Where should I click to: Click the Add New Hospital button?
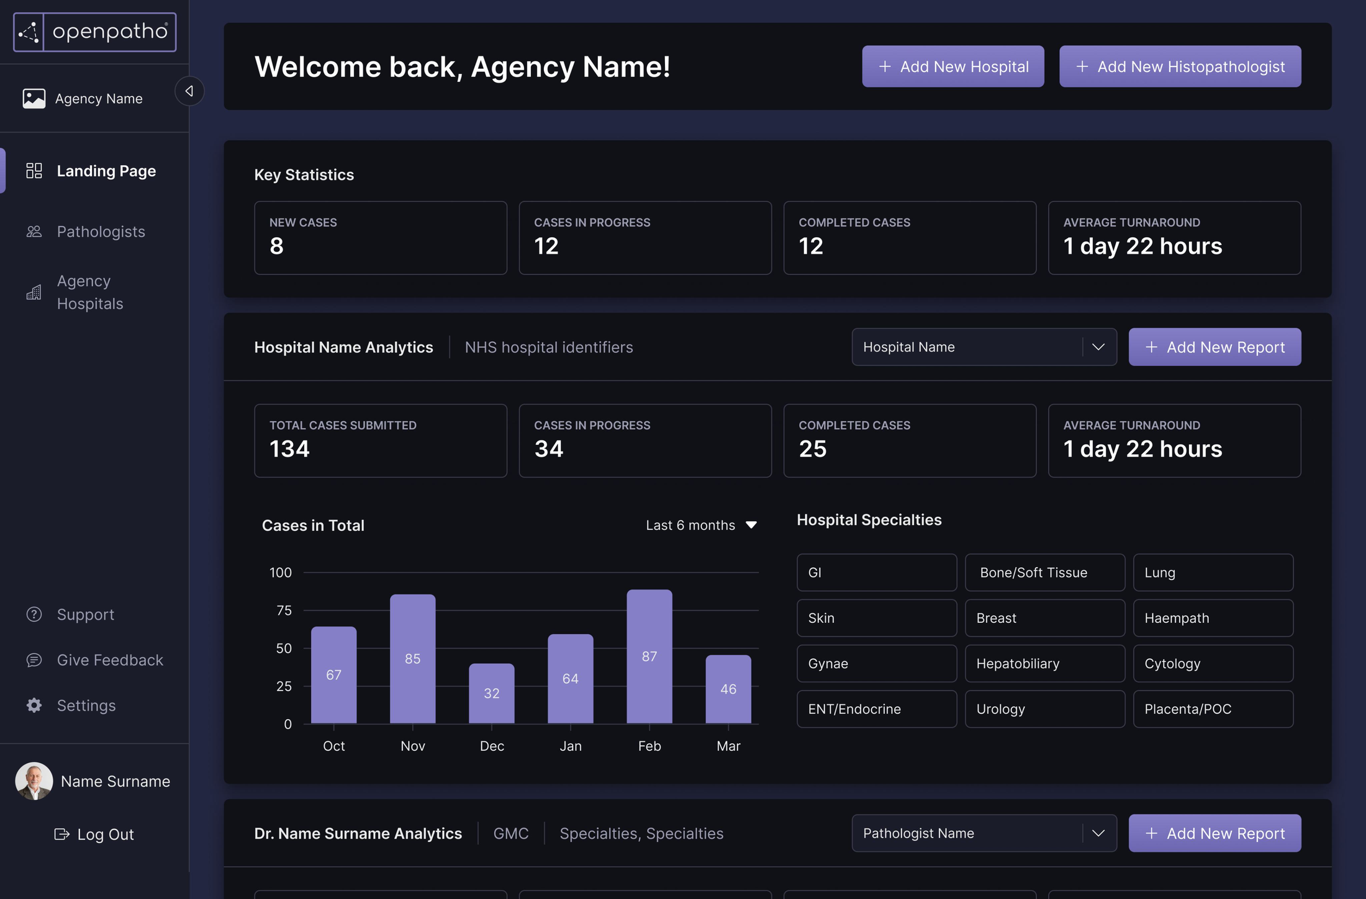(952, 66)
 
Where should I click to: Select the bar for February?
(649, 656)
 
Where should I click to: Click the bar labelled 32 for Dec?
(491, 693)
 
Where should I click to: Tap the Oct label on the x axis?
(333, 746)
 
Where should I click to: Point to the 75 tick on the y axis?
(284, 611)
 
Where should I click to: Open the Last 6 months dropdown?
(701, 525)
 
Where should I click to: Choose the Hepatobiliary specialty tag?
(1044, 663)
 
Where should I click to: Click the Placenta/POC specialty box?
(1213, 709)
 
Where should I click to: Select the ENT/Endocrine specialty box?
(876, 709)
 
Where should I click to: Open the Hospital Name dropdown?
(984, 347)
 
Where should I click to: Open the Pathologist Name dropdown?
(984, 833)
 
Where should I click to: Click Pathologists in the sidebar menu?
(101, 231)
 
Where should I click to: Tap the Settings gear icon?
(34, 705)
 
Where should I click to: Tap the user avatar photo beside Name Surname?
(34, 780)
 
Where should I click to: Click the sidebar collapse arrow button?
(189, 91)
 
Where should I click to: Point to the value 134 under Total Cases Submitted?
(289, 449)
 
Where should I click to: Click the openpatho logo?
(95, 32)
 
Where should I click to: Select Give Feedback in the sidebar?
(109, 660)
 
